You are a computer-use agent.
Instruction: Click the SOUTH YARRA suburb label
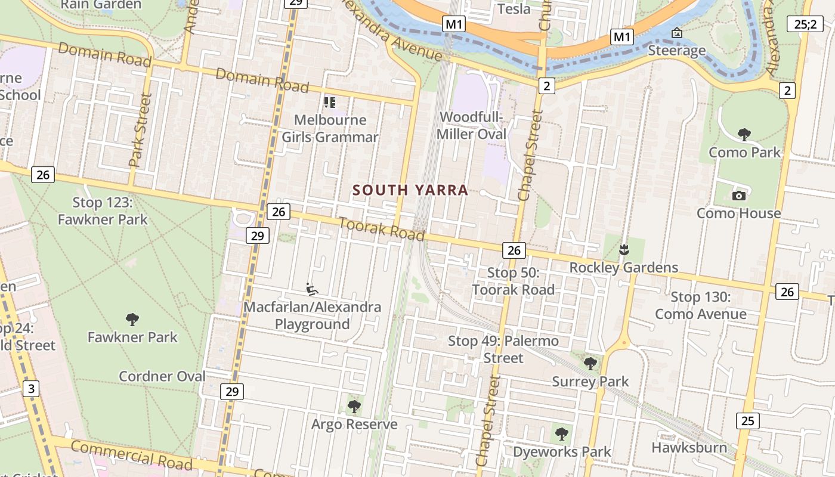click(x=410, y=190)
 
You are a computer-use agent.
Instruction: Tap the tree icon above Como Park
click(x=744, y=134)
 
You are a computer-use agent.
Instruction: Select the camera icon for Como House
click(x=739, y=196)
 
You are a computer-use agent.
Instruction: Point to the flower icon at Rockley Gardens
click(x=624, y=250)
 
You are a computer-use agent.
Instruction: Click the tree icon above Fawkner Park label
click(x=132, y=319)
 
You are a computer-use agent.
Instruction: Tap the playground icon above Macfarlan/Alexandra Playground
click(x=311, y=289)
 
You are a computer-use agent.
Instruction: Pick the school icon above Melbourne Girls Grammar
click(x=330, y=103)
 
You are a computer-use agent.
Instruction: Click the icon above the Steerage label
click(x=677, y=33)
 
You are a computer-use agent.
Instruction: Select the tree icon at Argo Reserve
click(x=354, y=407)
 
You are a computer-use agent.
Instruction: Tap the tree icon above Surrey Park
click(x=590, y=363)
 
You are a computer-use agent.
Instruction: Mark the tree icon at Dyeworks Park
click(x=561, y=433)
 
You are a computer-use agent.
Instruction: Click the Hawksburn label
click(x=689, y=448)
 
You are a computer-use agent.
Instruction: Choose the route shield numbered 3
click(x=31, y=389)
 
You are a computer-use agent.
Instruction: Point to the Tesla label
click(x=514, y=9)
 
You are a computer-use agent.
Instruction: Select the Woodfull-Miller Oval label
click(x=471, y=125)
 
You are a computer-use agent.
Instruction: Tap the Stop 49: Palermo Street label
click(x=503, y=349)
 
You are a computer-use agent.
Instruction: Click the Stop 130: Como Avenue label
click(x=700, y=305)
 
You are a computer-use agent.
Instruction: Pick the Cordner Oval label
click(x=162, y=376)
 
